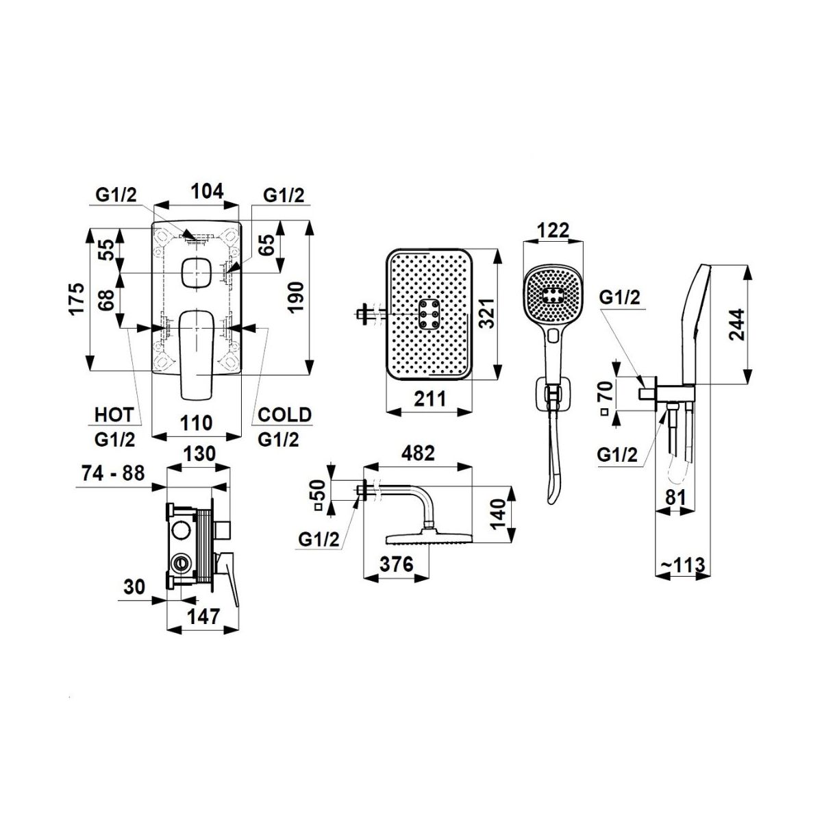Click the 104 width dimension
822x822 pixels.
point(206,192)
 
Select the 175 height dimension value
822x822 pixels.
point(78,299)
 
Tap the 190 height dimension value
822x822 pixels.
point(297,297)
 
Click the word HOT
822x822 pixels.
point(114,414)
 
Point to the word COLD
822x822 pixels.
point(285,414)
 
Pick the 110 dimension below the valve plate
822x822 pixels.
point(196,423)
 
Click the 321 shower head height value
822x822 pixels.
point(487,314)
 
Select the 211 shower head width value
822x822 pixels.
point(429,399)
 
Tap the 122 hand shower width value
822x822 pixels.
point(553,231)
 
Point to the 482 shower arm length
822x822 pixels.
point(418,453)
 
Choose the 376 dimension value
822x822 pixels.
point(397,564)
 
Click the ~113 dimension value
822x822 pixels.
point(683,565)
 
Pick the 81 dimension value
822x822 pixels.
point(675,497)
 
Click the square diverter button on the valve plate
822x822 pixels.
point(196,273)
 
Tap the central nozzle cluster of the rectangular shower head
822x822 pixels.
point(429,314)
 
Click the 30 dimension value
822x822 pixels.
point(134,587)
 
